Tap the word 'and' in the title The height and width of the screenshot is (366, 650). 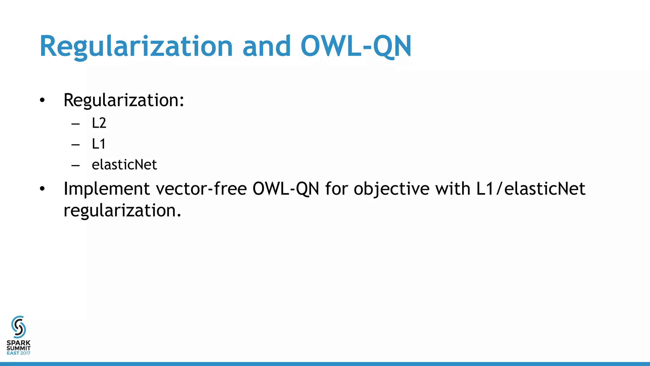(267, 46)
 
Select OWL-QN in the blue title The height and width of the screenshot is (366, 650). (356, 46)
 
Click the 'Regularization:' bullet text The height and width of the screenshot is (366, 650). (124, 100)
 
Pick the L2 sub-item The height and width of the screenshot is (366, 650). (99, 123)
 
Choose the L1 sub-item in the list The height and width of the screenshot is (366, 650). (98, 144)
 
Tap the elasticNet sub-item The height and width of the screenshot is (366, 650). (124, 165)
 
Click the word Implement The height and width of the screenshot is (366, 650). (107, 189)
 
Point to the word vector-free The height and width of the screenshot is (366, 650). (201, 189)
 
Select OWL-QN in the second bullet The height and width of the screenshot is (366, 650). (286, 189)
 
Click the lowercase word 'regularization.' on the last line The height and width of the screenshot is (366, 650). (122, 211)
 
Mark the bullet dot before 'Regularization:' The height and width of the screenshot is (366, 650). (43, 100)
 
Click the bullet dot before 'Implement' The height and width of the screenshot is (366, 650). (43, 189)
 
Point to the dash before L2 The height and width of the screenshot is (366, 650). (76, 124)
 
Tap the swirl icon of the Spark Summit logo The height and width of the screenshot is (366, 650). (18, 327)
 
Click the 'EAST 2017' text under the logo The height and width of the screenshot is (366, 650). (18, 353)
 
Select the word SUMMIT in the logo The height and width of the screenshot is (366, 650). (18, 348)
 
